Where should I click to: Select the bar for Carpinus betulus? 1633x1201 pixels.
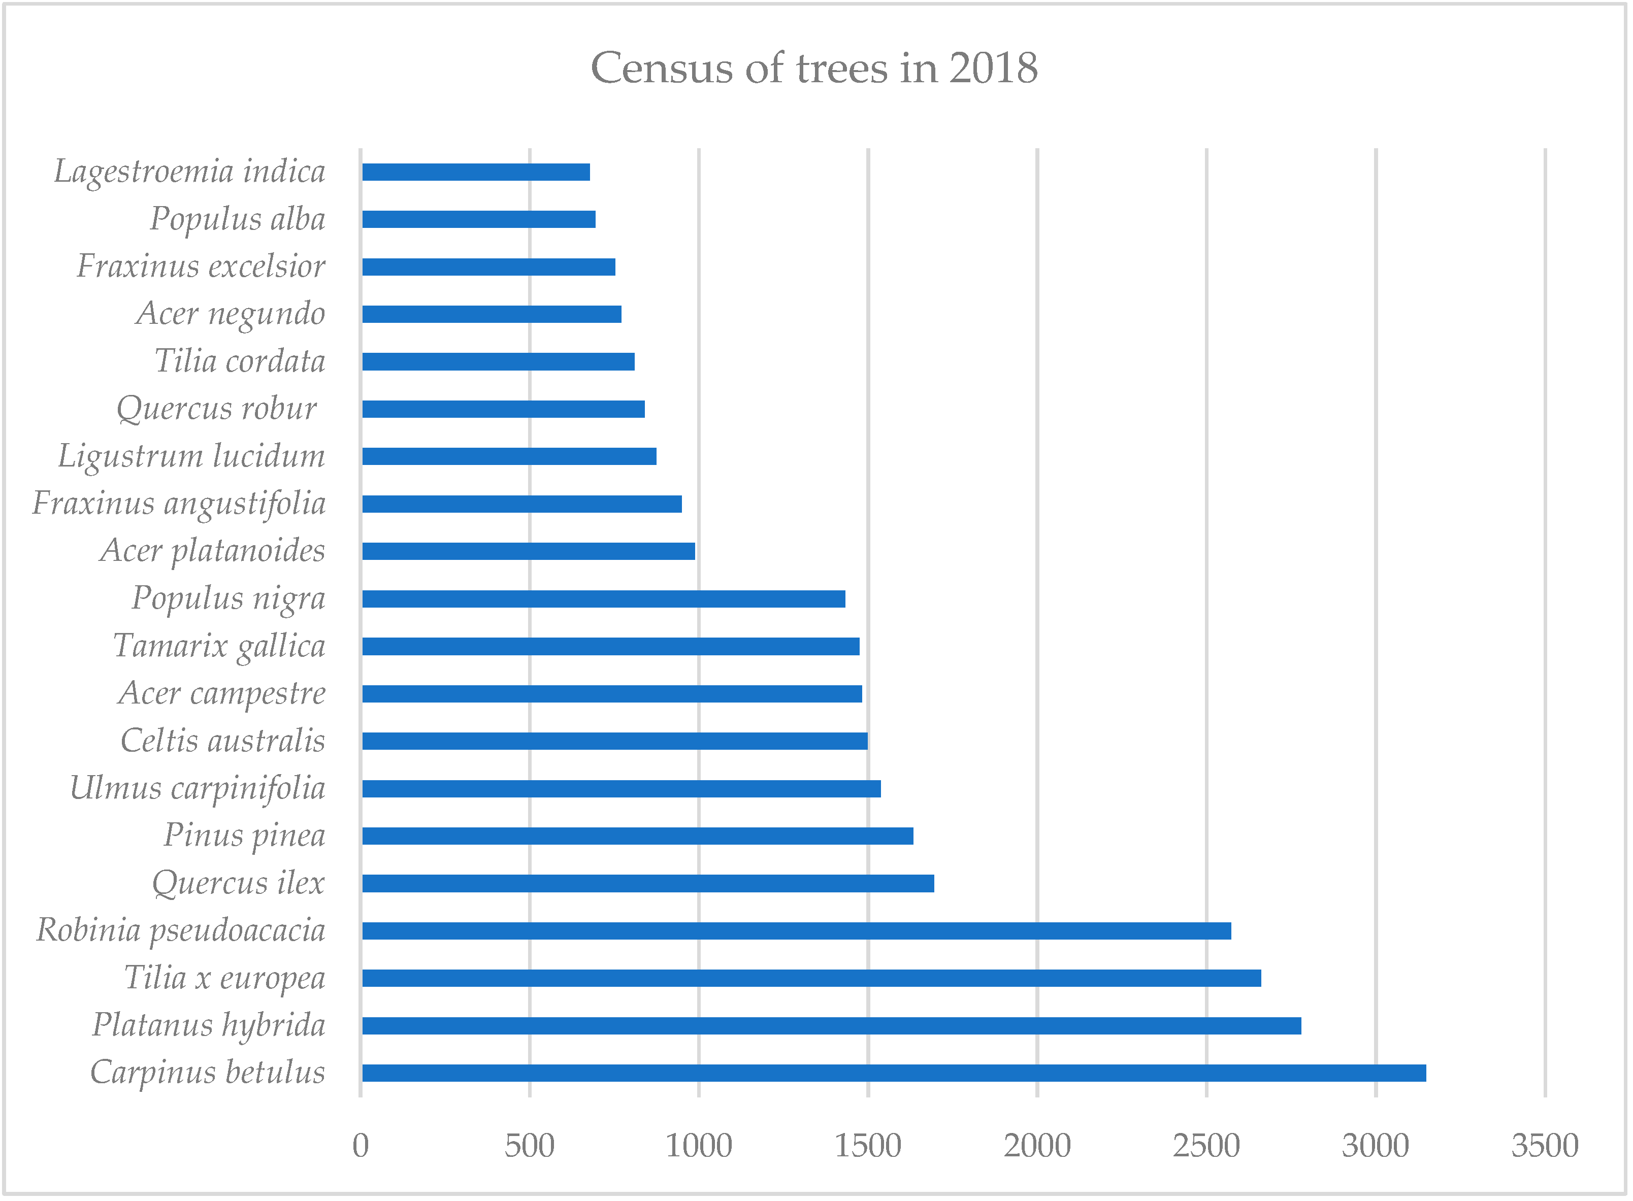(894, 1073)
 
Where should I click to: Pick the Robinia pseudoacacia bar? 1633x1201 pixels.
(796, 930)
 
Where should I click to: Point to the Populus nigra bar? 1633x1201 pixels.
(603, 598)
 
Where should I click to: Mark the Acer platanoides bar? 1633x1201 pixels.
(529, 551)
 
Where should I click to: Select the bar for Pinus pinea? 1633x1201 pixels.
(638, 836)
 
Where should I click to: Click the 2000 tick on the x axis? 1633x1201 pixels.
(1037, 1147)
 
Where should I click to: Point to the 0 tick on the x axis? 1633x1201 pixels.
(361, 1147)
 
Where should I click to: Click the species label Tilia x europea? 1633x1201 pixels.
(224, 978)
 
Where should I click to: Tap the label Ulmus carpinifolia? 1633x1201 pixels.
(198, 789)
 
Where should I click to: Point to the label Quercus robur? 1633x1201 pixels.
(217, 409)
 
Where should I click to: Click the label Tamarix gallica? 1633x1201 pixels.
(219, 646)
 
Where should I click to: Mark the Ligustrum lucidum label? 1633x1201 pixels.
(192, 456)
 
